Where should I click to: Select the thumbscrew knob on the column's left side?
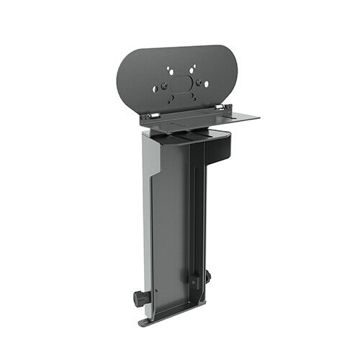pyautogui.click(x=138, y=296)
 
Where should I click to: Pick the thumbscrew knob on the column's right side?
pyautogui.click(x=207, y=275)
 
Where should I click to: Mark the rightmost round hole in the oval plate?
pyautogui.click(x=207, y=84)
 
